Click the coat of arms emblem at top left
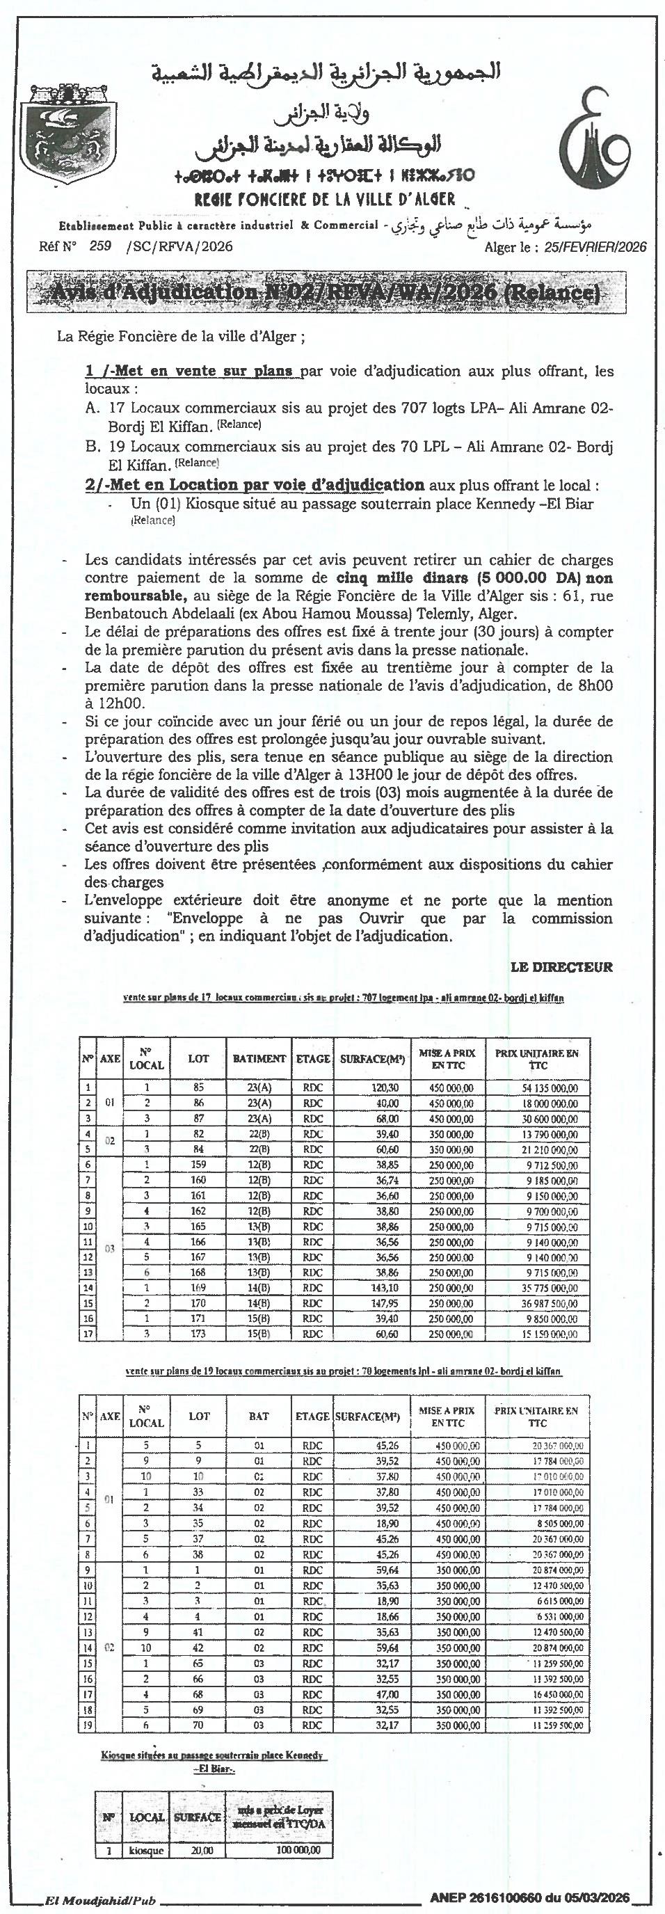(63, 138)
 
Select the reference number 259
(99, 246)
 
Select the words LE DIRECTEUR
(562, 966)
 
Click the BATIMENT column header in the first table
(259, 1058)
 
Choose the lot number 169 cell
(198, 1288)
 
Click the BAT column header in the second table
(259, 1416)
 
